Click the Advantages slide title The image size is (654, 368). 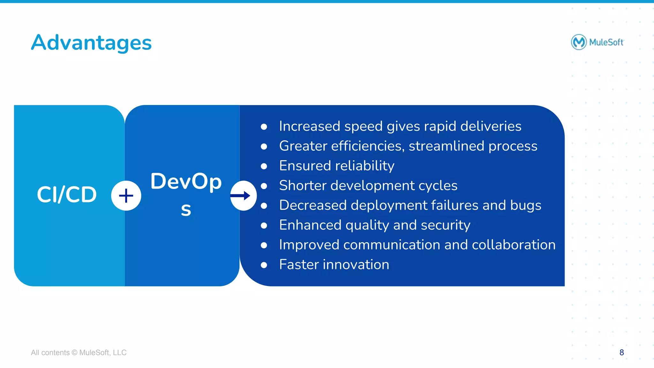[91, 42]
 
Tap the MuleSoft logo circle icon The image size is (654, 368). [579, 42]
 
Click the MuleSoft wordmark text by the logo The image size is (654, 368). [606, 42]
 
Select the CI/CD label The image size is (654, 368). [67, 194]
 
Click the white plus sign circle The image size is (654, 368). [126, 196]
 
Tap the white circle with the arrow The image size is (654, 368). [243, 196]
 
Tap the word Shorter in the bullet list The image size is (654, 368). [302, 185]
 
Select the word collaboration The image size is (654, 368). [513, 245]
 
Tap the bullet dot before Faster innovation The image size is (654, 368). [264, 265]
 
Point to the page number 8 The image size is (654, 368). [621, 352]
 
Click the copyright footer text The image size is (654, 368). [79, 353]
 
